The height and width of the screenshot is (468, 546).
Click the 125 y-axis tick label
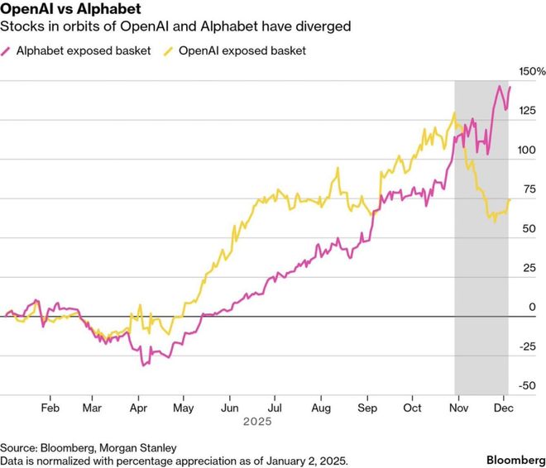pyautogui.click(x=527, y=112)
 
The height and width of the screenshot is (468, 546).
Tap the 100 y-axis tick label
pyautogui.click(x=527, y=150)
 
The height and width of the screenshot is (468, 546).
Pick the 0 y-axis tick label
pyautogui.click(x=532, y=307)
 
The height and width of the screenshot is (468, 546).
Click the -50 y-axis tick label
pyautogui.click(x=526, y=385)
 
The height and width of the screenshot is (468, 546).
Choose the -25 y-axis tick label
pyautogui.click(x=526, y=346)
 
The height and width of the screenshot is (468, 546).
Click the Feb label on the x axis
pyautogui.click(x=50, y=408)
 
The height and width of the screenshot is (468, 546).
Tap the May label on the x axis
pyautogui.click(x=184, y=408)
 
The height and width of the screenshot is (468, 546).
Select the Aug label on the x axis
pyautogui.click(x=321, y=408)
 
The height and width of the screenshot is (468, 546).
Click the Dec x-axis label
pyautogui.click(x=502, y=408)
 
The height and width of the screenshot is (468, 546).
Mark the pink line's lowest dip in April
pyautogui.click(x=143, y=365)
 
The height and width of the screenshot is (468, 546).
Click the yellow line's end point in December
pyautogui.click(x=510, y=200)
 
